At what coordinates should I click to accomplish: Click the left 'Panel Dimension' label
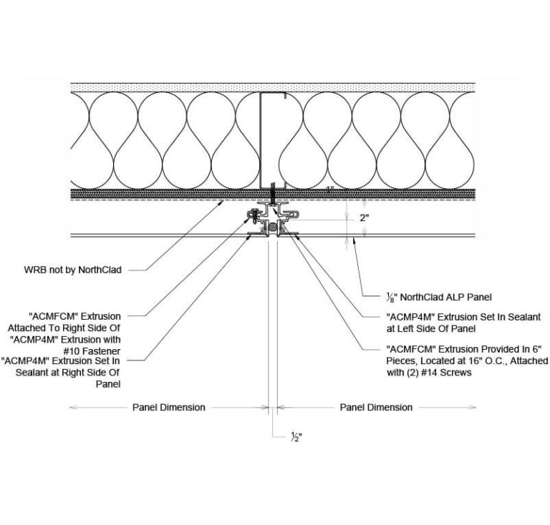(168, 407)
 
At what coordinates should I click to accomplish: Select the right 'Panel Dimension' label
(376, 407)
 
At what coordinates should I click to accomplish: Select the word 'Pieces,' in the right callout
(402, 360)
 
